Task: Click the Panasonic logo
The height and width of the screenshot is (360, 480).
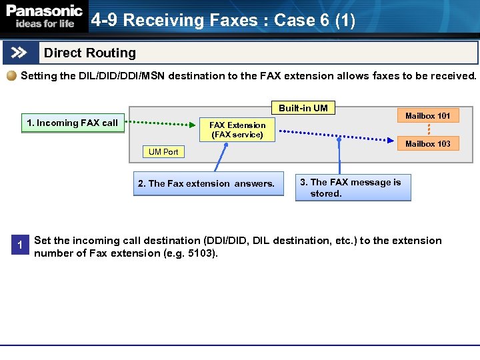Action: [45, 11]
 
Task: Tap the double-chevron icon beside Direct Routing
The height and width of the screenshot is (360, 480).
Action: [20, 53]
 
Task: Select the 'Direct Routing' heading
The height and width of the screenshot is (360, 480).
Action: [89, 53]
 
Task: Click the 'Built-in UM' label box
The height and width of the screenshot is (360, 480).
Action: [303, 108]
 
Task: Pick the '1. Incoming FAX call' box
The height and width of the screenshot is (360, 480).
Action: [73, 123]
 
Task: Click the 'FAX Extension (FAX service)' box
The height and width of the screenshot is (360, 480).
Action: [237, 129]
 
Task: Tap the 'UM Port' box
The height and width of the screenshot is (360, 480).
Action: [163, 152]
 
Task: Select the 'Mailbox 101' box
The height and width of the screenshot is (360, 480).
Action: [427, 115]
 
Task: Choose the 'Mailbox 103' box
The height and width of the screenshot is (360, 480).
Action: [427, 143]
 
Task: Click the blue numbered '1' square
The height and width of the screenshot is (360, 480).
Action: [20, 245]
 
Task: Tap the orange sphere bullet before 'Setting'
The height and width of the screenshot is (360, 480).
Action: [12, 76]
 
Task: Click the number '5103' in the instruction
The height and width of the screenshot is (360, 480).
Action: [202, 253]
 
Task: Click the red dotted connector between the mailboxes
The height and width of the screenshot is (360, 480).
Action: [428, 129]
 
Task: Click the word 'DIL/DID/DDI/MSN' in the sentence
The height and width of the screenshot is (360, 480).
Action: [118, 76]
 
